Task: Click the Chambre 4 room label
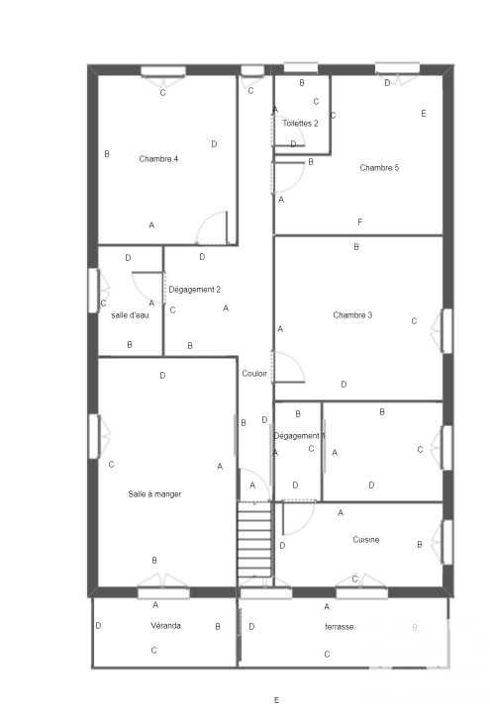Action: point(158,159)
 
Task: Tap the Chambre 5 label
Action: point(379,168)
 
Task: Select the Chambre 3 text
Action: point(352,315)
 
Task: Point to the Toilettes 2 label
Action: point(300,124)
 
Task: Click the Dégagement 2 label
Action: point(195,290)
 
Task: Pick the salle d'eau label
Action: point(130,315)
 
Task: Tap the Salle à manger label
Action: point(154,494)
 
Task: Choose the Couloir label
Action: point(254,374)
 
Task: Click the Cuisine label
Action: point(366,540)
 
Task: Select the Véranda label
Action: point(165,626)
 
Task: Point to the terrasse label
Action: point(339,627)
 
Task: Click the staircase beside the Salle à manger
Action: point(254,539)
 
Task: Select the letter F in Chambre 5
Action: point(360,221)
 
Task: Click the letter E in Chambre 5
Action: point(424,114)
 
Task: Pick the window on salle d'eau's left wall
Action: point(94,290)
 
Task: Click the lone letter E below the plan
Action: point(276,699)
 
